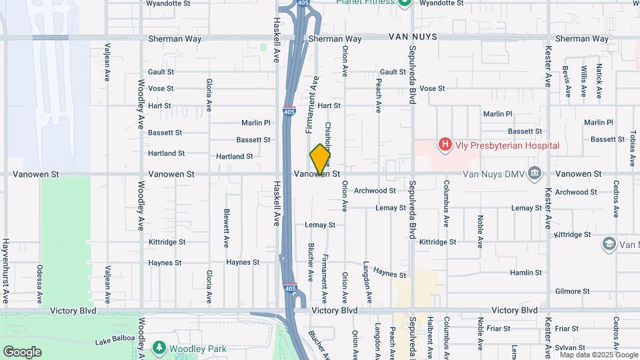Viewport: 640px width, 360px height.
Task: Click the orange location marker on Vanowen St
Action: coord(321,159)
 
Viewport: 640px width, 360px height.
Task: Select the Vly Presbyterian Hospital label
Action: coord(507,145)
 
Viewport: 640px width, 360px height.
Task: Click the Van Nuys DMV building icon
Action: coord(534,173)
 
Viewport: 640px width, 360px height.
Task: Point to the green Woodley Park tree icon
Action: coord(159,347)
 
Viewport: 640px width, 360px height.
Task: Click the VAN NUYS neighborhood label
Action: coord(413,39)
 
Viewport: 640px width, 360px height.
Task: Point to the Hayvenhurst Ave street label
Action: coord(5,269)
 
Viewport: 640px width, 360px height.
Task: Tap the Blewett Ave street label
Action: coord(227,226)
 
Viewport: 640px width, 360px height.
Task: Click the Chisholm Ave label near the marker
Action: coord(328,137)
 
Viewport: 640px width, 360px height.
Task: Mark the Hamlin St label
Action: coord(526,273)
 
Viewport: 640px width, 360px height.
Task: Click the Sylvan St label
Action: coord(567,347)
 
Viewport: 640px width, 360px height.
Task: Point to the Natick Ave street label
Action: coord(599,81)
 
